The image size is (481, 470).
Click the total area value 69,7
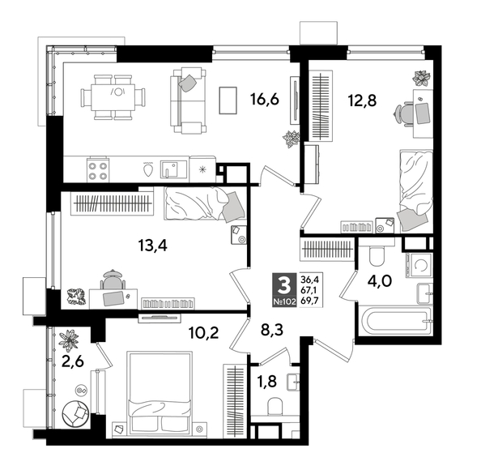[x=309, y=300]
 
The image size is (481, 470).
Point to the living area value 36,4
[x=309, y=279]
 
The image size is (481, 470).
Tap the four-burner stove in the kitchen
[x=98, y=170]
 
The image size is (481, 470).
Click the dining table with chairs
[x=115, y=98]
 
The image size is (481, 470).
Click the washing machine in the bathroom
[x=421, y=263]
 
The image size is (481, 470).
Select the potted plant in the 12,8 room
[x=420, y=79]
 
